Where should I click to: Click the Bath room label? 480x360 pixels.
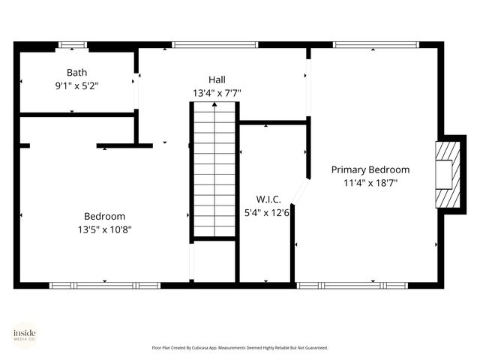[76, 73]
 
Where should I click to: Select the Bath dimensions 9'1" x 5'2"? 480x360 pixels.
[76, 85]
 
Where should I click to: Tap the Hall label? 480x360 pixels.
[217, 79]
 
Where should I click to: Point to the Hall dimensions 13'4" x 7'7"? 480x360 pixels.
[217, 93]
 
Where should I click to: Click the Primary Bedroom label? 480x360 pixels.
[370, 169]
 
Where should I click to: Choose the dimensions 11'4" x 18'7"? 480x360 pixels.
[370, 182]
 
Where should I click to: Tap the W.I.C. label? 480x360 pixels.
[268, 199]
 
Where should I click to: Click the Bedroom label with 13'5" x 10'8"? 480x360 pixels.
[104, 216]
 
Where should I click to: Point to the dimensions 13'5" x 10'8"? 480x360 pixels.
[104, 229]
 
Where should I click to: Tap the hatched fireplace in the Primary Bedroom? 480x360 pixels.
[445, 174]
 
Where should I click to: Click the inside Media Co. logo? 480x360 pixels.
[25, 334]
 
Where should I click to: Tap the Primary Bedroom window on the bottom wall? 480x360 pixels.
[352, 285]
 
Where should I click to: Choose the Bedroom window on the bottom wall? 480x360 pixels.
[104, 285]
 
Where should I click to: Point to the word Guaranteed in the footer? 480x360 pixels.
[316, 348]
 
